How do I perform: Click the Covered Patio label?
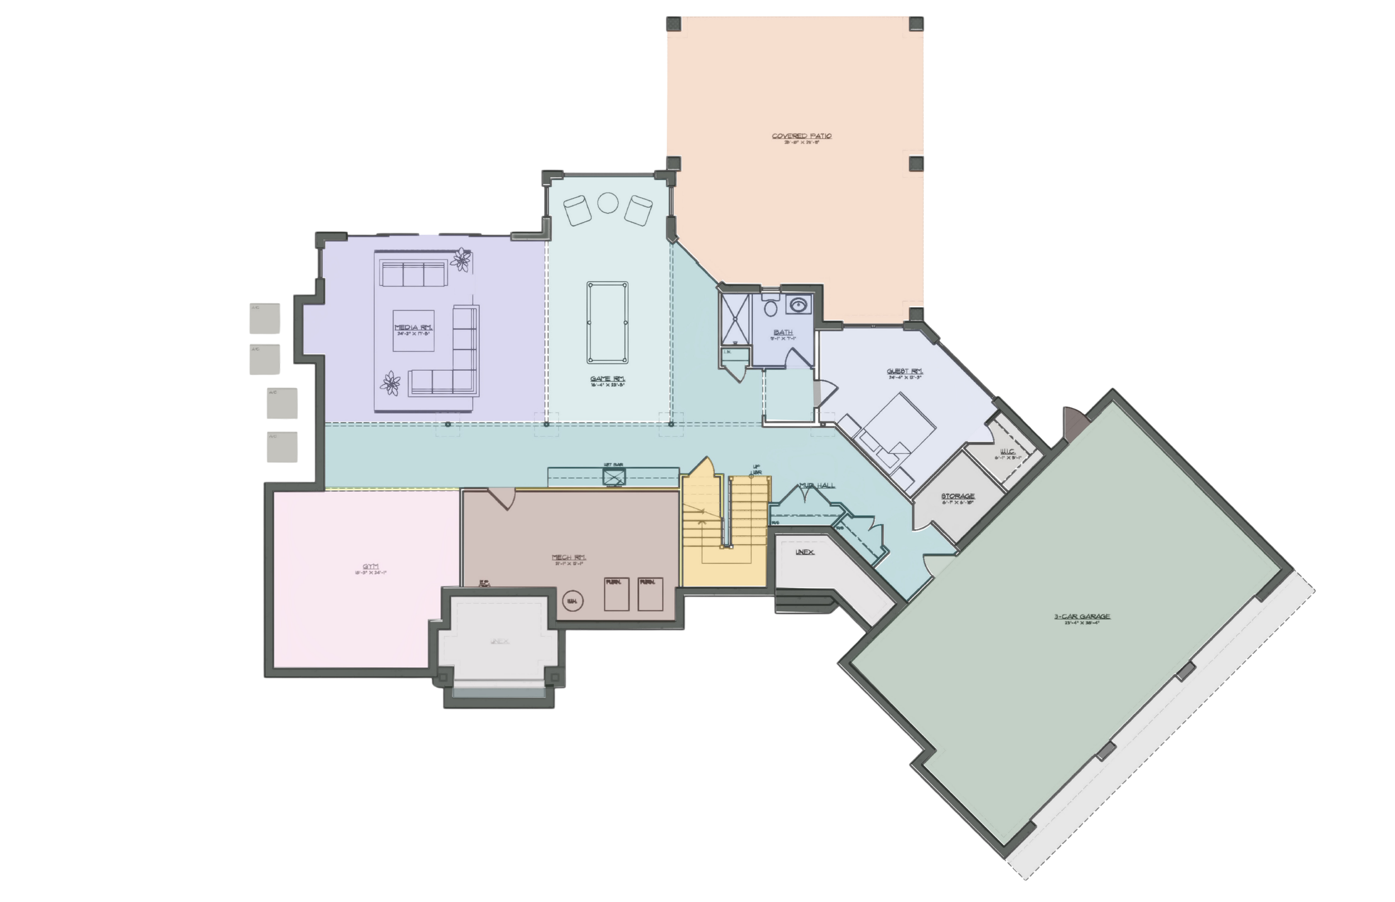tap(801, 137)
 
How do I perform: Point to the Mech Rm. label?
tap(569, 557)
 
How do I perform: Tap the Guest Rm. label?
tap(905, 371)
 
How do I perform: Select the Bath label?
tap(783, 332)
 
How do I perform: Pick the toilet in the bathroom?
tap(770, 307)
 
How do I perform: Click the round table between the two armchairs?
tap(607, 203)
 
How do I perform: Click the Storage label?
tap(957, 496)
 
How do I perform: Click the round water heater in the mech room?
tap(572, 601)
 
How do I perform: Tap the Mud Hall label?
tap(816, 486)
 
